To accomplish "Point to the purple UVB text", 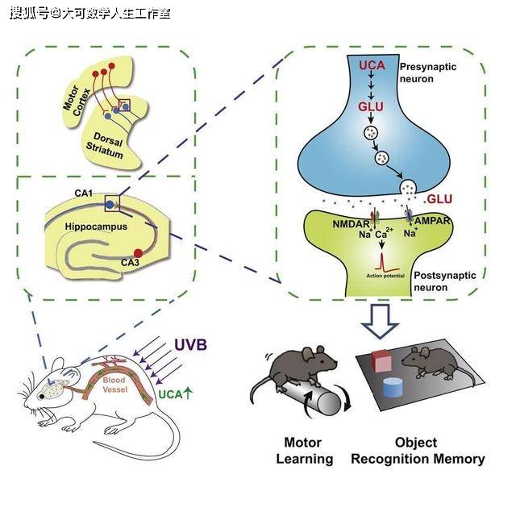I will tap(191, 344).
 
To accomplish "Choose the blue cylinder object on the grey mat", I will tap(393, 387).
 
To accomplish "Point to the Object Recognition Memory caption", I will tap(417, 451).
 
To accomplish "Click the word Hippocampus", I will tap(97, 228).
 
